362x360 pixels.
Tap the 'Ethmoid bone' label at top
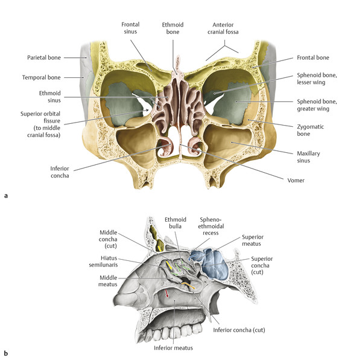(173, 27)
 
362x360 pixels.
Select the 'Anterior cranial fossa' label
(227, 27)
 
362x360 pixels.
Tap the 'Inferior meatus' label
(173, 348)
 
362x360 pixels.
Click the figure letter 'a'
(6, 196)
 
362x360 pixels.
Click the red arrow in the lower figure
(167, 294)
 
